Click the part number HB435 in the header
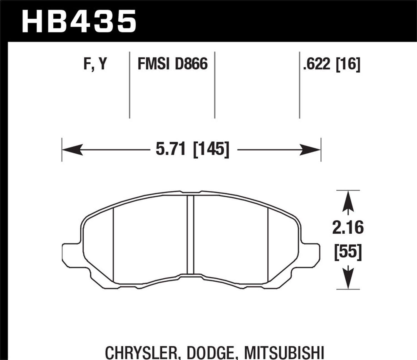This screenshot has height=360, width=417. [x=79, y=21]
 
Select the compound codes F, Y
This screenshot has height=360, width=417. [x=95, y=64]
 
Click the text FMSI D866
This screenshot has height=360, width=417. [x=173, y=64]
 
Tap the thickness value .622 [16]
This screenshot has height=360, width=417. [x=332, y=64]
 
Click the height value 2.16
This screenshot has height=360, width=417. [x=348, y=228]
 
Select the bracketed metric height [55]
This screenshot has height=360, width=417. [x=348, y=252]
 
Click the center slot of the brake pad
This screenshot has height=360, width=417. [x=190, y=235]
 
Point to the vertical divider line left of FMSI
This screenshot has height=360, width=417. [x=130, y=85]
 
